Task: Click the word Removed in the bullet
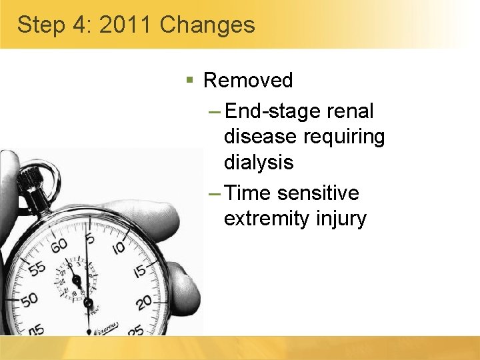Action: click(x=248, y=81)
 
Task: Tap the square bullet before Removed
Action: click(x=190, y=81)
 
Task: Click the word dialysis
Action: click(x=259, y=162)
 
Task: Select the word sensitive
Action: click(x=318, y=193)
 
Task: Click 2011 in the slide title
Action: click(x=127, y=25)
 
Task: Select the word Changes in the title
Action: click(x=208, y=25)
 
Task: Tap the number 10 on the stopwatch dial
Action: click(x=119, y=248)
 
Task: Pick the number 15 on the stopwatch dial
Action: click(x=139, y=272)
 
